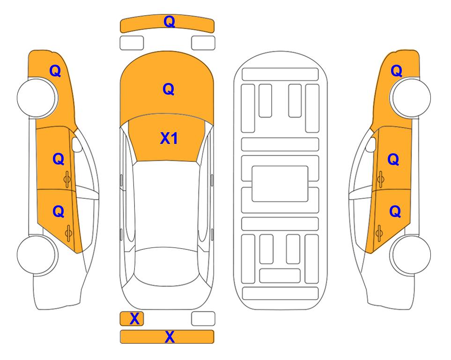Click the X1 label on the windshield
pyautogui.click(x=169, y=138)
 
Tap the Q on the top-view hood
pyautogui.click(x=169, y=89)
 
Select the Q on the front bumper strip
pyautogui.click(x=170, y=22)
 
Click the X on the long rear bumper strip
pyautogui.click(x=170, y=337)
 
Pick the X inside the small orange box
pyautogui.click(x=134, y=319)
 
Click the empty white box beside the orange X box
pyautogui.click(x=203, y=319)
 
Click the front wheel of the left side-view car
pyautogui.click(x=37, y=97)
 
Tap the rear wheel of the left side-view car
pyautogui.click(x=37, y=255)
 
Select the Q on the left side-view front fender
pyautogui.click(x=55, y=71)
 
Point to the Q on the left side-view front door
pyautogui.click(x=59, y=159)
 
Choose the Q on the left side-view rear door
pyautogui.click(x=59, y=211)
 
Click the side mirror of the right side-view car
pyautogui.click(x=371, y=144)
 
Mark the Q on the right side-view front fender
pyautogui.click(x=396, y=71)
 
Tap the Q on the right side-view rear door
pyautogui.click(x=395, y=211)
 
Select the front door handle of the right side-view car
pyautogui.click(x=380, y=180)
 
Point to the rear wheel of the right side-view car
pyautogui.click(x=411, y=255)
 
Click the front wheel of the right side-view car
pyautogui.click(x=411, y=97)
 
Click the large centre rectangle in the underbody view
pyautogui.click(x=280, y=184)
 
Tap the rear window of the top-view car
pyautogui.click(x=168, y=266)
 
